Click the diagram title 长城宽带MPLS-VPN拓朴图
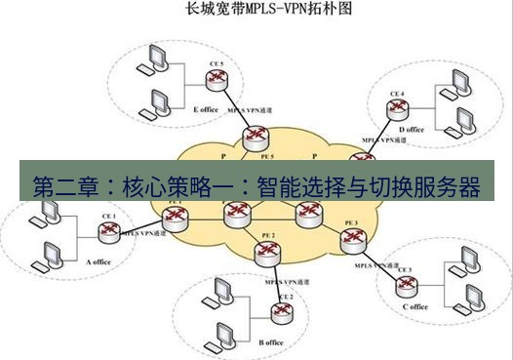[256, 11]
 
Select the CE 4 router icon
[396, 109]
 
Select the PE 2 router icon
[264, 254]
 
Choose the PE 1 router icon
[176, 217]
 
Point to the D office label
[411, 130]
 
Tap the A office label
[101, 261]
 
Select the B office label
[271, 342]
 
